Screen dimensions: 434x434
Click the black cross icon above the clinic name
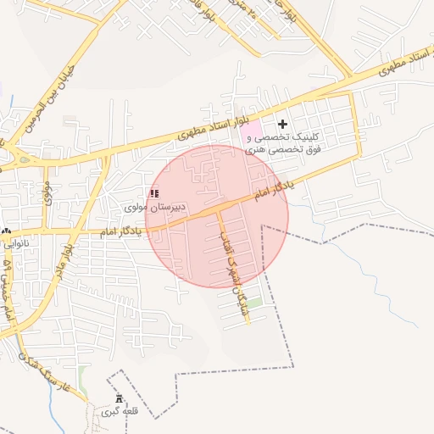coord(282,125)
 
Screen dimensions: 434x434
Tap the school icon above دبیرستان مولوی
coord(154,193)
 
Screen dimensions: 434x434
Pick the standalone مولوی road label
coord(47,181)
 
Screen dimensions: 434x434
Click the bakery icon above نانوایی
coord(7,231)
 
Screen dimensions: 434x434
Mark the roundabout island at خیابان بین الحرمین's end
coord(15,154)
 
